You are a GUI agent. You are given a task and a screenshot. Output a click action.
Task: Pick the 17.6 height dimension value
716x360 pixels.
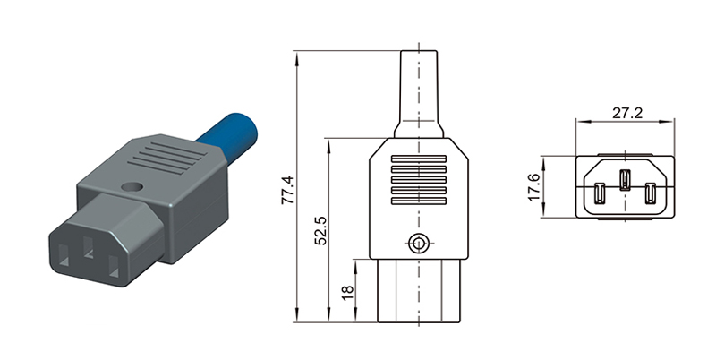point(534,187)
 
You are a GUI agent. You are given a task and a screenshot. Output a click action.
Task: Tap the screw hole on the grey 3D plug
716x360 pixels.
point(132,189)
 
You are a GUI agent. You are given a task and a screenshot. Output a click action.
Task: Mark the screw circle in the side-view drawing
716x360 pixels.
point(417,242)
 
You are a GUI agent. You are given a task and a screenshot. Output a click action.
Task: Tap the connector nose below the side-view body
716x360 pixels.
point(418,291)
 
